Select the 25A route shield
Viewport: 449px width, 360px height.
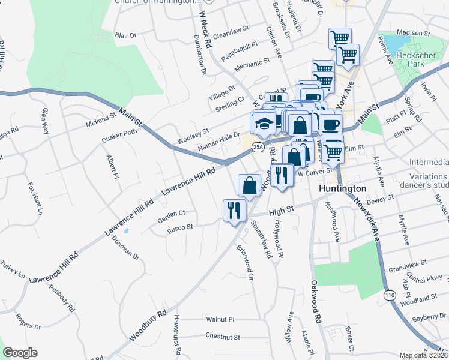[x=258, y=146]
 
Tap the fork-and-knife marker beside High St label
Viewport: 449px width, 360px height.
[x=232, y=210]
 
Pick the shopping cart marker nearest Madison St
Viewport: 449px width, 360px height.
[x=340, y=38]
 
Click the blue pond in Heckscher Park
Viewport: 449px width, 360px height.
[x=394, y=43]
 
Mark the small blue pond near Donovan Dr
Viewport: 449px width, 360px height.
[x=126, y=230]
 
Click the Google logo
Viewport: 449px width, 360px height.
[x=20, y=353]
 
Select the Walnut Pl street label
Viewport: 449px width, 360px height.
[x=220, y=320]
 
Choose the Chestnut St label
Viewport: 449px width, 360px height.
[x=222, y=337]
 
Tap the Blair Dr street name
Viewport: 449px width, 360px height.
[x=126, y=35]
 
